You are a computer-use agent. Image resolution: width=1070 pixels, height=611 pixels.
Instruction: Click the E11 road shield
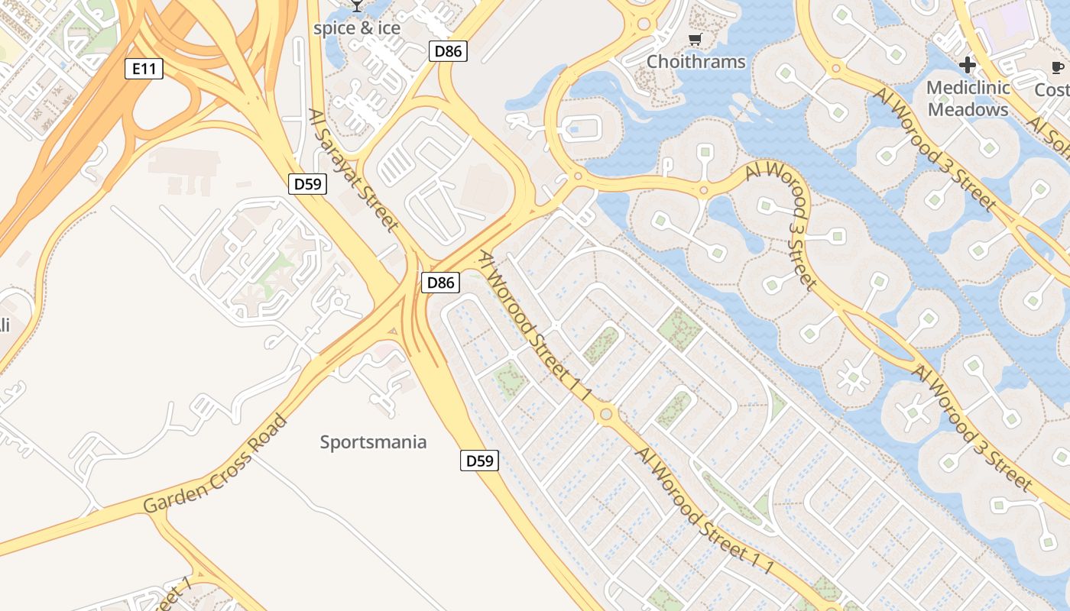coord(144,70)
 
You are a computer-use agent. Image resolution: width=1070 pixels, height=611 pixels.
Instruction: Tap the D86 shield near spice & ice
coord(447,51)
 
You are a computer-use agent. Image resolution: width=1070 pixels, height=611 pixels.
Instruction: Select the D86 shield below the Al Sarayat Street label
coord(440,283)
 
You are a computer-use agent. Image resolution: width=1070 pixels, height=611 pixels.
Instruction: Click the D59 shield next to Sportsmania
coord(479,461)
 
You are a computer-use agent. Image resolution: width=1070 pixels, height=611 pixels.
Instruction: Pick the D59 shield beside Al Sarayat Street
coord(307,183)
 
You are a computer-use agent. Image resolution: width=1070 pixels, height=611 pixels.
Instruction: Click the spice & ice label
coord(357,28)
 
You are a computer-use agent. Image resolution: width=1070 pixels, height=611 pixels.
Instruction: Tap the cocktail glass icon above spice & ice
coord(357,6)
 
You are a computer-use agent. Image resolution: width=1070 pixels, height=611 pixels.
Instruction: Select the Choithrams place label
coord(695,62)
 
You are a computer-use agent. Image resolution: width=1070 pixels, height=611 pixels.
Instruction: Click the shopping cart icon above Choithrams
coord(695,40)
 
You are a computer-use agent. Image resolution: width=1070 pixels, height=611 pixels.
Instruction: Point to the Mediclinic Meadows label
coord(968,99)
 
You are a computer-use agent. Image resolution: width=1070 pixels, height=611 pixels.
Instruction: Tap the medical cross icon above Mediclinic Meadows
coord(968,65)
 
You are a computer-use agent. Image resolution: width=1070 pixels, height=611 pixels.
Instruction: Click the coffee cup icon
coord(1058,68)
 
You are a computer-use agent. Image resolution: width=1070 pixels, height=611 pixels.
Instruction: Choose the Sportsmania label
coord(373,442)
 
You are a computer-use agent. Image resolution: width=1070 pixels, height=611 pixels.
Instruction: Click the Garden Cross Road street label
coord(216,465)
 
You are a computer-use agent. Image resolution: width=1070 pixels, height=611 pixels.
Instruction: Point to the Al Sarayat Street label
coord(354,170)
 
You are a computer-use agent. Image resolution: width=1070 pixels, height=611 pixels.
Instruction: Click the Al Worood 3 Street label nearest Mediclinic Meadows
coord(934,149)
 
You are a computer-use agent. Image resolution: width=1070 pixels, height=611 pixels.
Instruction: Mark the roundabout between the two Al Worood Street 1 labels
coord(606,414)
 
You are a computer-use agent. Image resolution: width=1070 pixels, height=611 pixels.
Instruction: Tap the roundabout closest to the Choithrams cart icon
coord(644,24)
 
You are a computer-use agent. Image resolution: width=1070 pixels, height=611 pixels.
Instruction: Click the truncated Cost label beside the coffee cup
coord(1052,90)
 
